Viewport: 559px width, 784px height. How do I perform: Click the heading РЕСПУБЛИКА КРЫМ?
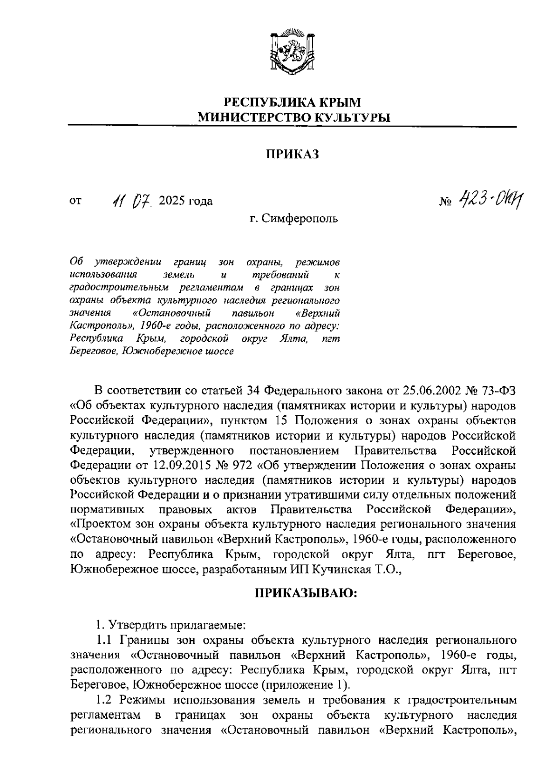pyautogui.click(x=293, y=102)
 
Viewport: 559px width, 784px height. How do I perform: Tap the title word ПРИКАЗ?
pyautogui.click(x=293, y=155)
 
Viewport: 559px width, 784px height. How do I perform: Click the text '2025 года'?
pyautogui.click(x=185, y=202)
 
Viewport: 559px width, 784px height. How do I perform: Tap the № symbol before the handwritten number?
pyautogui.click(x=446, y=202)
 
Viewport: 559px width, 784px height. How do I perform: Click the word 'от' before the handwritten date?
pyautogui.click(x=75, y=202)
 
